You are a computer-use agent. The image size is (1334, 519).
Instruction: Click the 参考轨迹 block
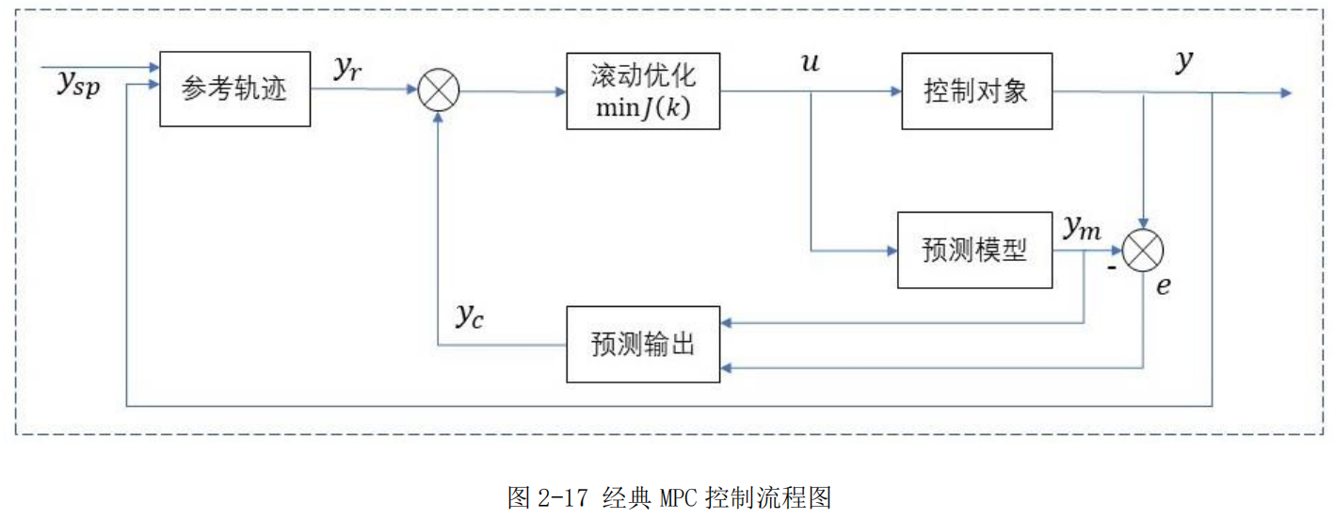click(x=234, y=90)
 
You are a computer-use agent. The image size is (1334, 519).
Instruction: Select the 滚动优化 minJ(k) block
click(x=643, y=90)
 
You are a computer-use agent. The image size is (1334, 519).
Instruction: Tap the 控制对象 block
click(x=975, y=90)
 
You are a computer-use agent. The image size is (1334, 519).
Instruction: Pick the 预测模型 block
click(x=973, y=251)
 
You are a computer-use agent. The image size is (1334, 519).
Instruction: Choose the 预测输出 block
click(x=643, y=344)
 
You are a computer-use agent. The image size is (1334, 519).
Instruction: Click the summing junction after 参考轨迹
click(x=438, y=92)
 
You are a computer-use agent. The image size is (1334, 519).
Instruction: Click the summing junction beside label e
click(x=1143, y=251)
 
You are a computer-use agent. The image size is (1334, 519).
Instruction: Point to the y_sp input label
click(x=77, y=85)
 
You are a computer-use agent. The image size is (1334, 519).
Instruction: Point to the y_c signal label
click(x=470, y=317)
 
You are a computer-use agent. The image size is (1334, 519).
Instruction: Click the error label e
click(x=1164, y=286)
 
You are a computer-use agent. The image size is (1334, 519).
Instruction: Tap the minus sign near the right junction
click(x=1111, y=268)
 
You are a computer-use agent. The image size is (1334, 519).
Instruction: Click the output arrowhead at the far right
click(x=1286, y=92)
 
